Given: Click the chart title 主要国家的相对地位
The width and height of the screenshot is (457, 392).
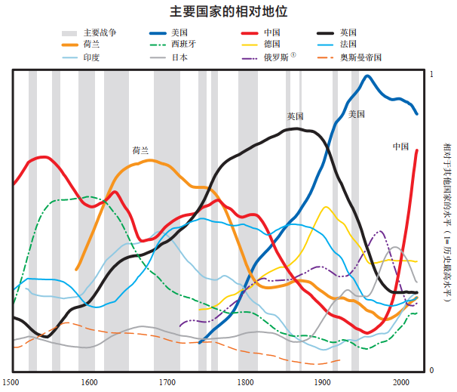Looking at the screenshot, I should tap(228, 13).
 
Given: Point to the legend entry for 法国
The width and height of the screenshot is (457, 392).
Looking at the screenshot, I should tap(348, 45).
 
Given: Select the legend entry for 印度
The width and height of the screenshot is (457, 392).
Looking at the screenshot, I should tap(92, 57).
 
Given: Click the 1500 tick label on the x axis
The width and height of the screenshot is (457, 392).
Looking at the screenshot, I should tap(11, 381).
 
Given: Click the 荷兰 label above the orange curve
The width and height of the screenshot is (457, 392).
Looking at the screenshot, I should tap(141, 150).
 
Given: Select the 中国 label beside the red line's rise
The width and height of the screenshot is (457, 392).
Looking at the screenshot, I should tap(400, 146).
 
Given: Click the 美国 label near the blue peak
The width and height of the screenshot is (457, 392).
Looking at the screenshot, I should tap(357, 114).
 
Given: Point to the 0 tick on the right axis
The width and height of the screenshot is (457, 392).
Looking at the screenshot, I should tap(431, 370).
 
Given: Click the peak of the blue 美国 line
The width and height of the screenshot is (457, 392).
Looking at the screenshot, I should tap(368, 76).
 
